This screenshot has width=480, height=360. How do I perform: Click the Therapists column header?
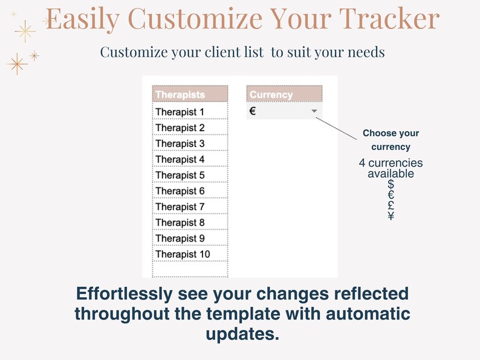click(x=189, y=94)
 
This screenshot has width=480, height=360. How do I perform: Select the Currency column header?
click(x=284, y=94)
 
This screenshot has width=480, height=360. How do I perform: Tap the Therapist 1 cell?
click(x=189, y=112)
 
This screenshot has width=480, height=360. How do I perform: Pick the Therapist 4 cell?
click(x=189, y=159)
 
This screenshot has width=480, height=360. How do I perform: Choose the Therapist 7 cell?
click(x=189, y=207)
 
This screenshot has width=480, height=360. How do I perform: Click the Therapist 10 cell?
click(x=189, y=254)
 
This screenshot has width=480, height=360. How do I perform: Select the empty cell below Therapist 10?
click(x=189, y=269)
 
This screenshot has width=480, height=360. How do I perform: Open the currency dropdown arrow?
click(x=314, y=112)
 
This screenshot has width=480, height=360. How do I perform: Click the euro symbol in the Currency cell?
click(x=253, y=111)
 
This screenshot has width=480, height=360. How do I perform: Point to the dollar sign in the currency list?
click(x=391, y=184)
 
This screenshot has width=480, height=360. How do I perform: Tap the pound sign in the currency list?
click(x=391, y=205)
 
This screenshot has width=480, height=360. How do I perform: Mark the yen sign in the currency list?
click(x=391, y=216)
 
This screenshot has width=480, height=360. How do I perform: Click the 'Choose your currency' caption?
click(x=391, y=140)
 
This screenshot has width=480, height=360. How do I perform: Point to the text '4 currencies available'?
click(x=391, y=169)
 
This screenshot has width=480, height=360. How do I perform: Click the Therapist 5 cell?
click(x=189, y=175)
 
